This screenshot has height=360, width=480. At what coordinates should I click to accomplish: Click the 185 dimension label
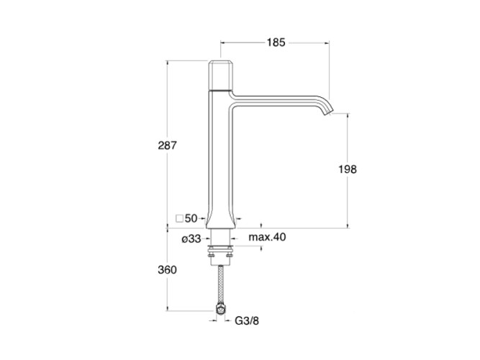point(276,42)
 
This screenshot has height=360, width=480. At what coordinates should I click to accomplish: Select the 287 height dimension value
point(167,145)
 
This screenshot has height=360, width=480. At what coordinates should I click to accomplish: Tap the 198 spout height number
point(348,169)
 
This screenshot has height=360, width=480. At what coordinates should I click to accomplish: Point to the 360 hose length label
point(167,270)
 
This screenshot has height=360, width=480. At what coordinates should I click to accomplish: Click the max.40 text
point(267,237)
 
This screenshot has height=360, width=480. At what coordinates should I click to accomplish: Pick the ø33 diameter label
point(191,238)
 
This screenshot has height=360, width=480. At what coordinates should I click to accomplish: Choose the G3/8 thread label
point(247,321)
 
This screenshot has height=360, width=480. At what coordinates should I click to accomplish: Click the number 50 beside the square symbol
point(191,218)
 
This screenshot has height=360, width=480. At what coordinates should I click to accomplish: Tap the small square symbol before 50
point(179,219)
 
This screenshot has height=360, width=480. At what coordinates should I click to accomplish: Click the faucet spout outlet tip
point(327,114)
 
